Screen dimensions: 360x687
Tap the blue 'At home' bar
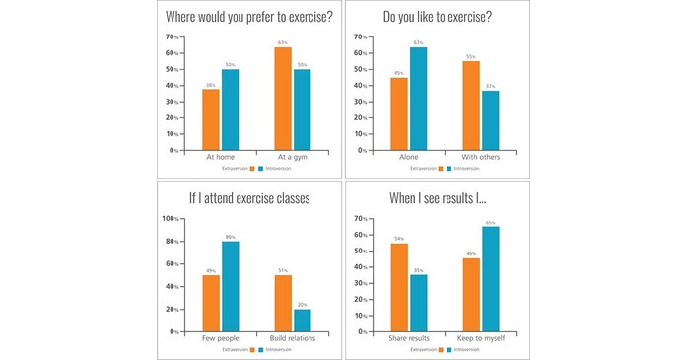pyautogui.click(x=229, y=109)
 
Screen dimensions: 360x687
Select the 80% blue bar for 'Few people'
pyautogui.click(x=230, y=287)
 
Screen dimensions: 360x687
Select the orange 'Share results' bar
pyautogui.click(x=399, y=287)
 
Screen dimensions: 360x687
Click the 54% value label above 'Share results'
pyautogui.click(x=399, y=238)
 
